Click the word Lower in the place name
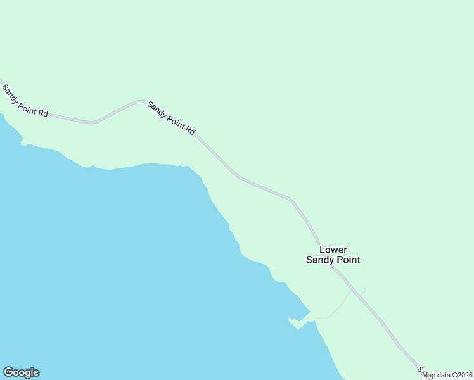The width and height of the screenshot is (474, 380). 333,250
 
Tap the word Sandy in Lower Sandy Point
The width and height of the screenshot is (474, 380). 320,260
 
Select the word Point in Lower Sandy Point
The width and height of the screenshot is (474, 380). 348,260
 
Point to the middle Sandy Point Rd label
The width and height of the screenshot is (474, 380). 171,118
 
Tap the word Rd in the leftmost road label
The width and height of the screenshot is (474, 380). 42,112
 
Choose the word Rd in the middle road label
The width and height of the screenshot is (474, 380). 190,129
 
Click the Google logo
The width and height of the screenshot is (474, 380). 21,372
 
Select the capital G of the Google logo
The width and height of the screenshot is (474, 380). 8,372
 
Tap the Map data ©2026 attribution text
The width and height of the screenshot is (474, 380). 447,375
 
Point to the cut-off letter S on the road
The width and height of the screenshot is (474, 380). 420,369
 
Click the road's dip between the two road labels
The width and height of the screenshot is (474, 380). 93,121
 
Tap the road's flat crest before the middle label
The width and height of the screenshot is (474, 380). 140,101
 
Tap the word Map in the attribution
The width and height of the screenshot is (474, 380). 428,375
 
